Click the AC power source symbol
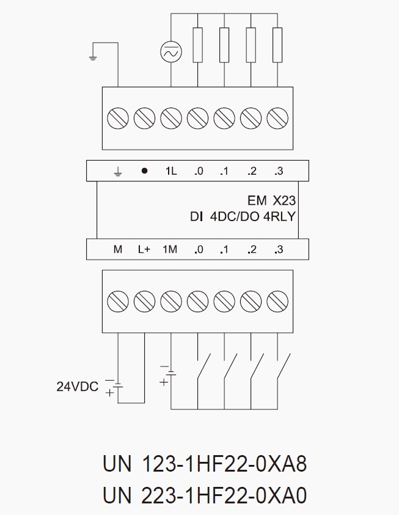tap(170, 53)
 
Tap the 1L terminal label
tap(170, 171)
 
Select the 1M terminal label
tap(170, 249)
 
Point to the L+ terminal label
tap(144, 249)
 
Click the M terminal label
tap(118, 249)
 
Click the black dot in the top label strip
tap(144, 171)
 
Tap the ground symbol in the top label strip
tap(118, 172)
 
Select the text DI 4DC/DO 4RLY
tap(243, 217)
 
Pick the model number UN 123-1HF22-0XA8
tap(205, 464)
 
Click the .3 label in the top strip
tap(279, 171)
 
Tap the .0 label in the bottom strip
tap(197, 249)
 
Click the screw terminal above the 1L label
tap(171, 117)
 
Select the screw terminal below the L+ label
tap(144, 301)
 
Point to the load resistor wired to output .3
tap(278, 45)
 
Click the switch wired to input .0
tap(204, 367)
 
